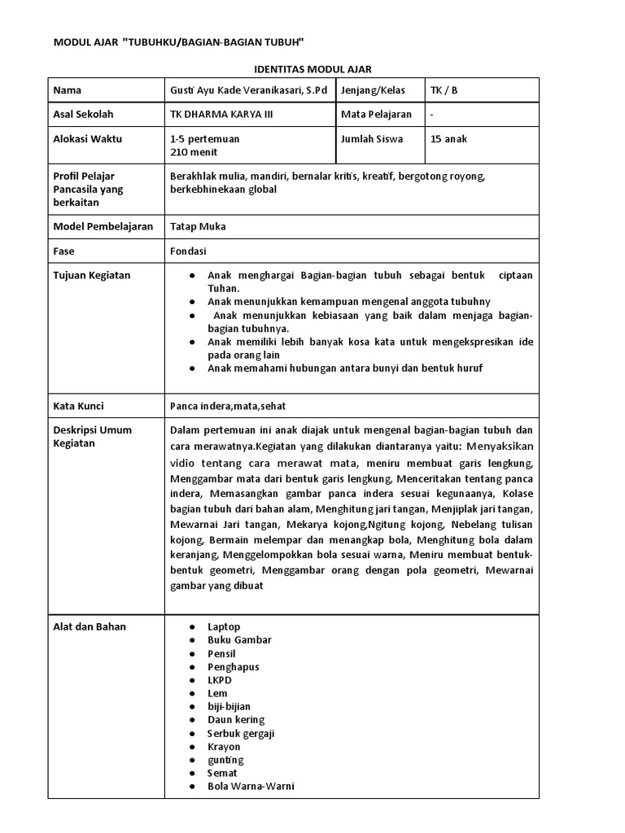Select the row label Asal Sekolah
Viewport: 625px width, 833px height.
pos(84,115)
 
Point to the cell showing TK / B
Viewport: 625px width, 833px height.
pos(444,90)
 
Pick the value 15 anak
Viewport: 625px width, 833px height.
pos(448,139)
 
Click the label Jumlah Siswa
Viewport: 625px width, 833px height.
pos(373,139)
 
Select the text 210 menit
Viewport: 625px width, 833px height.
pos(191,151)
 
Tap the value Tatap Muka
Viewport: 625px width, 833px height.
pos(198,227)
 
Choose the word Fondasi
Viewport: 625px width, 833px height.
pos(189,251)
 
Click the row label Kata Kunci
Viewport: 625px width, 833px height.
pos(78,406)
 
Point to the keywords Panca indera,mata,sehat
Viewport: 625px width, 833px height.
pos(228,406)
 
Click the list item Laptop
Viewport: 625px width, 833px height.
pos(225,627)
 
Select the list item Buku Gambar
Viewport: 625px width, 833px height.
pos(239,640)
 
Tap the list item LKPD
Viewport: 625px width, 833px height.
pos(220,680)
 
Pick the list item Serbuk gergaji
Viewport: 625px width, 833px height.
pos(241,733)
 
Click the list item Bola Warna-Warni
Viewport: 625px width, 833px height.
pos(251,787)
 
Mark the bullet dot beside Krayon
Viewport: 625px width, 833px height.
pos(190,747)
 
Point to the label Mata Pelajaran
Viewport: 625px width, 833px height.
pos(377,115)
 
